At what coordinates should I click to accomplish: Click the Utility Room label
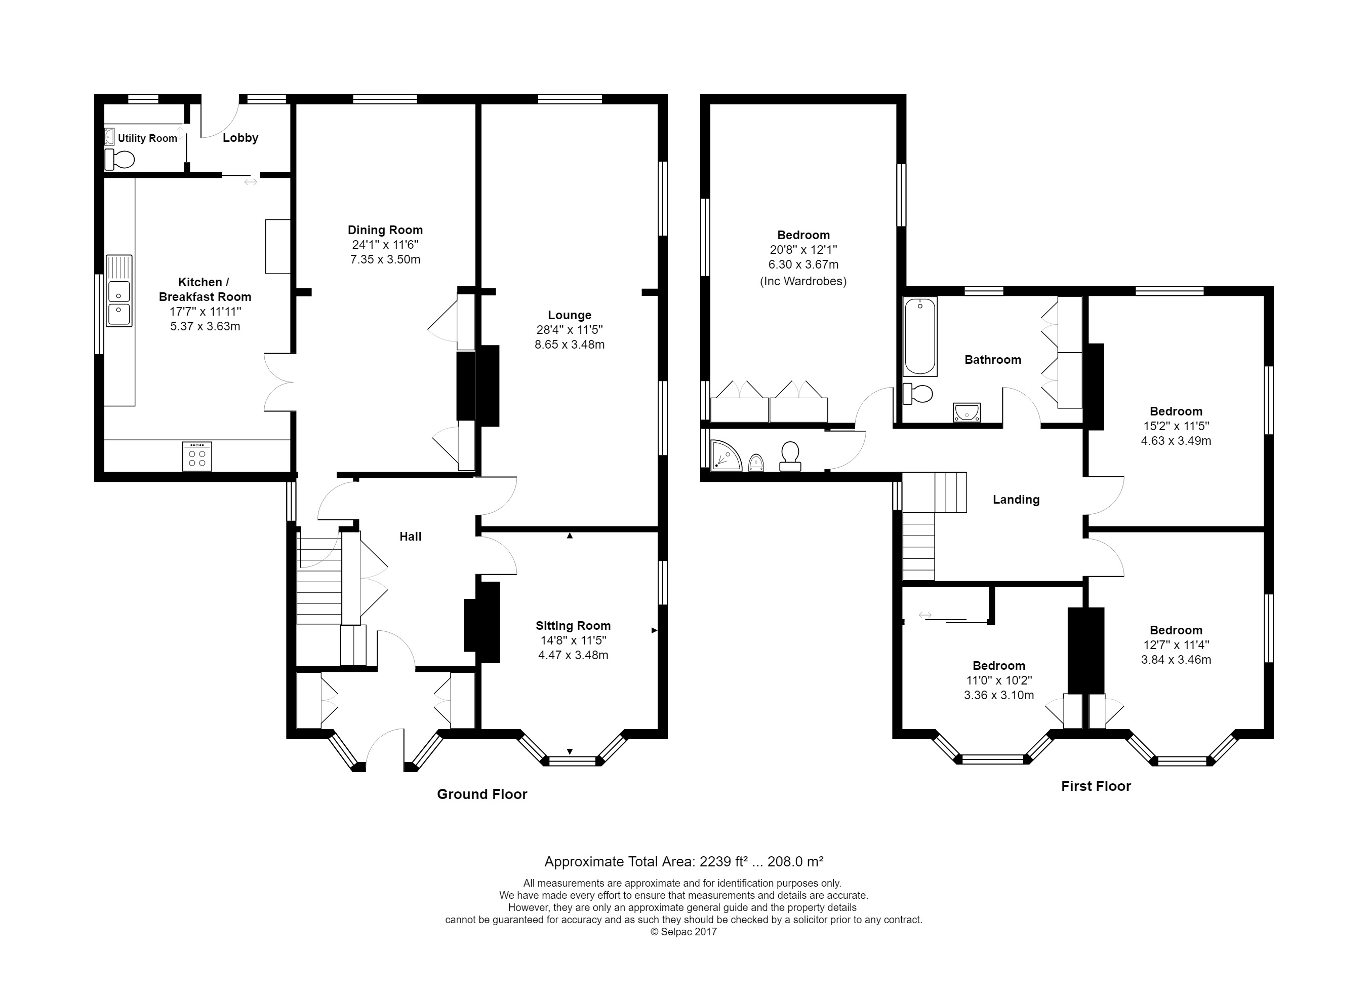(x=147, y=138)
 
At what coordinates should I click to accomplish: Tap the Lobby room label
(x=240, y=138)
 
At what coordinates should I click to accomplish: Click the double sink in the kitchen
(x=119, y=290)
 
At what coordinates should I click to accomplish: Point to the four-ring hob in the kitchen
(x=197, y=457)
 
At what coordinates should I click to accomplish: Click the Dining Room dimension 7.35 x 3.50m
(x=385, y=259)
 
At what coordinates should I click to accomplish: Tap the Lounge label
(x=570, y=315)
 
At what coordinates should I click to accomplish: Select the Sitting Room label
(x=573, y=626)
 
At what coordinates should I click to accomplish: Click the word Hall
(x=410, y=537)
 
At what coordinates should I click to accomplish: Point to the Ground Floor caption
(x=482, y=794)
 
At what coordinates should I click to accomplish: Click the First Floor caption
(x=1096, y=786)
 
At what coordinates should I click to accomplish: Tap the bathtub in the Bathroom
(x=920, y=337)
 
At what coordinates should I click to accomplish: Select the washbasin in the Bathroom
(x=967, y=412)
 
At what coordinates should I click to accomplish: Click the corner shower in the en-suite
(x=726, y=455)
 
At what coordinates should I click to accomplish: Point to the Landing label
(x=1016, y=500)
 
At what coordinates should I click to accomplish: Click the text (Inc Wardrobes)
(x=803, y=281)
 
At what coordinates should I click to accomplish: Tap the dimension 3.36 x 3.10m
(x=999, y=695)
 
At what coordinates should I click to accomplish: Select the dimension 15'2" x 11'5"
(x=1176, y=426)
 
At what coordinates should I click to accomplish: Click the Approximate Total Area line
(x=684, y=861)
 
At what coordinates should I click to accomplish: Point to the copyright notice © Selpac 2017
(x=684, y=932)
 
